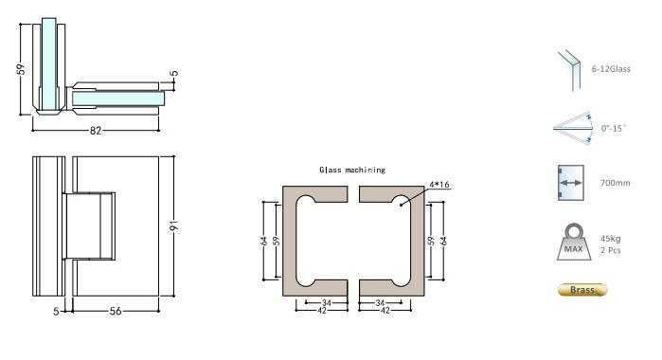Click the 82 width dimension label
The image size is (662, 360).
pos(96,130)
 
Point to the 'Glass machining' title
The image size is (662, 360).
pos(352,170)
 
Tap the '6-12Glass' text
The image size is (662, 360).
pos(619,69)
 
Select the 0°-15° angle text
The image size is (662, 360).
pos(615,127)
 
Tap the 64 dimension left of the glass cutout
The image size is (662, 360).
pos(264,242)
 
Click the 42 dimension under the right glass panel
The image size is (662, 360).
pos(383,310)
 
